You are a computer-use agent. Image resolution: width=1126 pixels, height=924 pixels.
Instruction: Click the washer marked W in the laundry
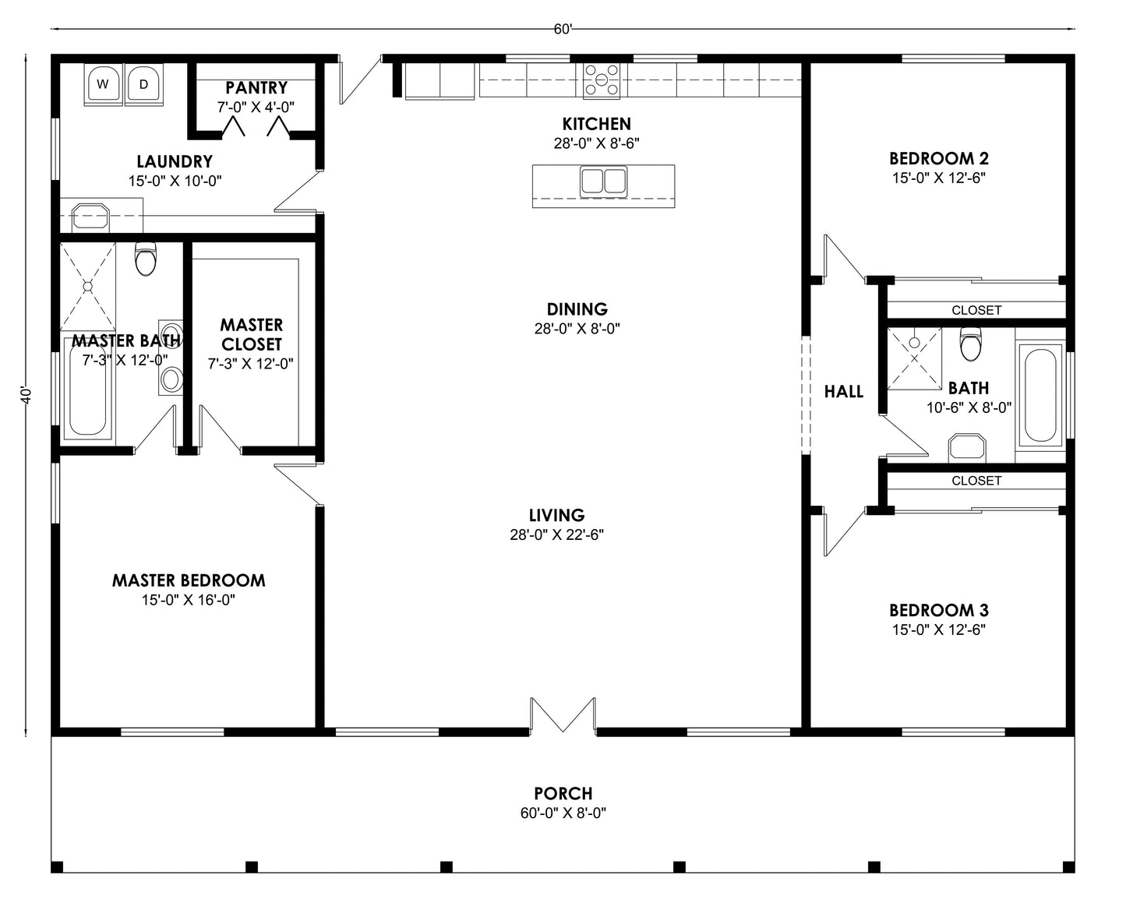pyautogui.click(x=103, y=83)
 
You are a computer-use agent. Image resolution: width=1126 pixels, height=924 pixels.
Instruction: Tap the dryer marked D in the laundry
pyautogui.click(x=143, y=83)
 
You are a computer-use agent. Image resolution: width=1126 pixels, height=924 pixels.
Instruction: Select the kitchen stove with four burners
pyautogui.click(x=602, y=80)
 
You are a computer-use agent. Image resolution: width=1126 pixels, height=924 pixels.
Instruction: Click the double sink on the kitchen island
pyautogui.click(x=603, y=181)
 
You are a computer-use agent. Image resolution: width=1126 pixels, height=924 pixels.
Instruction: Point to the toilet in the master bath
pyautogui.click(x=146, y=259)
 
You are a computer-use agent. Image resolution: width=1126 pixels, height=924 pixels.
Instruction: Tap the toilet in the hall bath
pyautogui.click(x=970, y=344)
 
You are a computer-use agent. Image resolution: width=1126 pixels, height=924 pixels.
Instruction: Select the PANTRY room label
pyautogui.click(x=256, y=88)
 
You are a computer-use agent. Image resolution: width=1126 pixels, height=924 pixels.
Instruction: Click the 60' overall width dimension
pyautogui.click(x=563, y=30)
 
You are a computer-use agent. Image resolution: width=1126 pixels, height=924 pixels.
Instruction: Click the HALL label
pyautogui.click(x=844, y=392)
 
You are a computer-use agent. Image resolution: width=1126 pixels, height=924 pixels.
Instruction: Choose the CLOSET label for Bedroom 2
pyautogui.click(x=976, y=310)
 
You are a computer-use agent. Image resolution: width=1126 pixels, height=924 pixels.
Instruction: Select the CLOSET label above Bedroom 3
pyautogui.click(x=976, y=481)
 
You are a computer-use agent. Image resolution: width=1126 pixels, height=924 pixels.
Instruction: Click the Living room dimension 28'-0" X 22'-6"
pyautogui.click(x=556, y=534)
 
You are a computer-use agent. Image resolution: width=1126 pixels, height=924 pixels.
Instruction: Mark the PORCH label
pyautogui.click(x=563, y=793)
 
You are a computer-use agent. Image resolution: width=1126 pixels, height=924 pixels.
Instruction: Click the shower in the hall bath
pyautogui.click(x=915, y=357)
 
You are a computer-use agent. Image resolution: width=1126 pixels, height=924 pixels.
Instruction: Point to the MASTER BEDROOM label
pyautogui.click(x=189, y=580)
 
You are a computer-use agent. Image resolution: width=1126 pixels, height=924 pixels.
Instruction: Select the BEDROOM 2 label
pyautogui.click(x=939, y=159)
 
